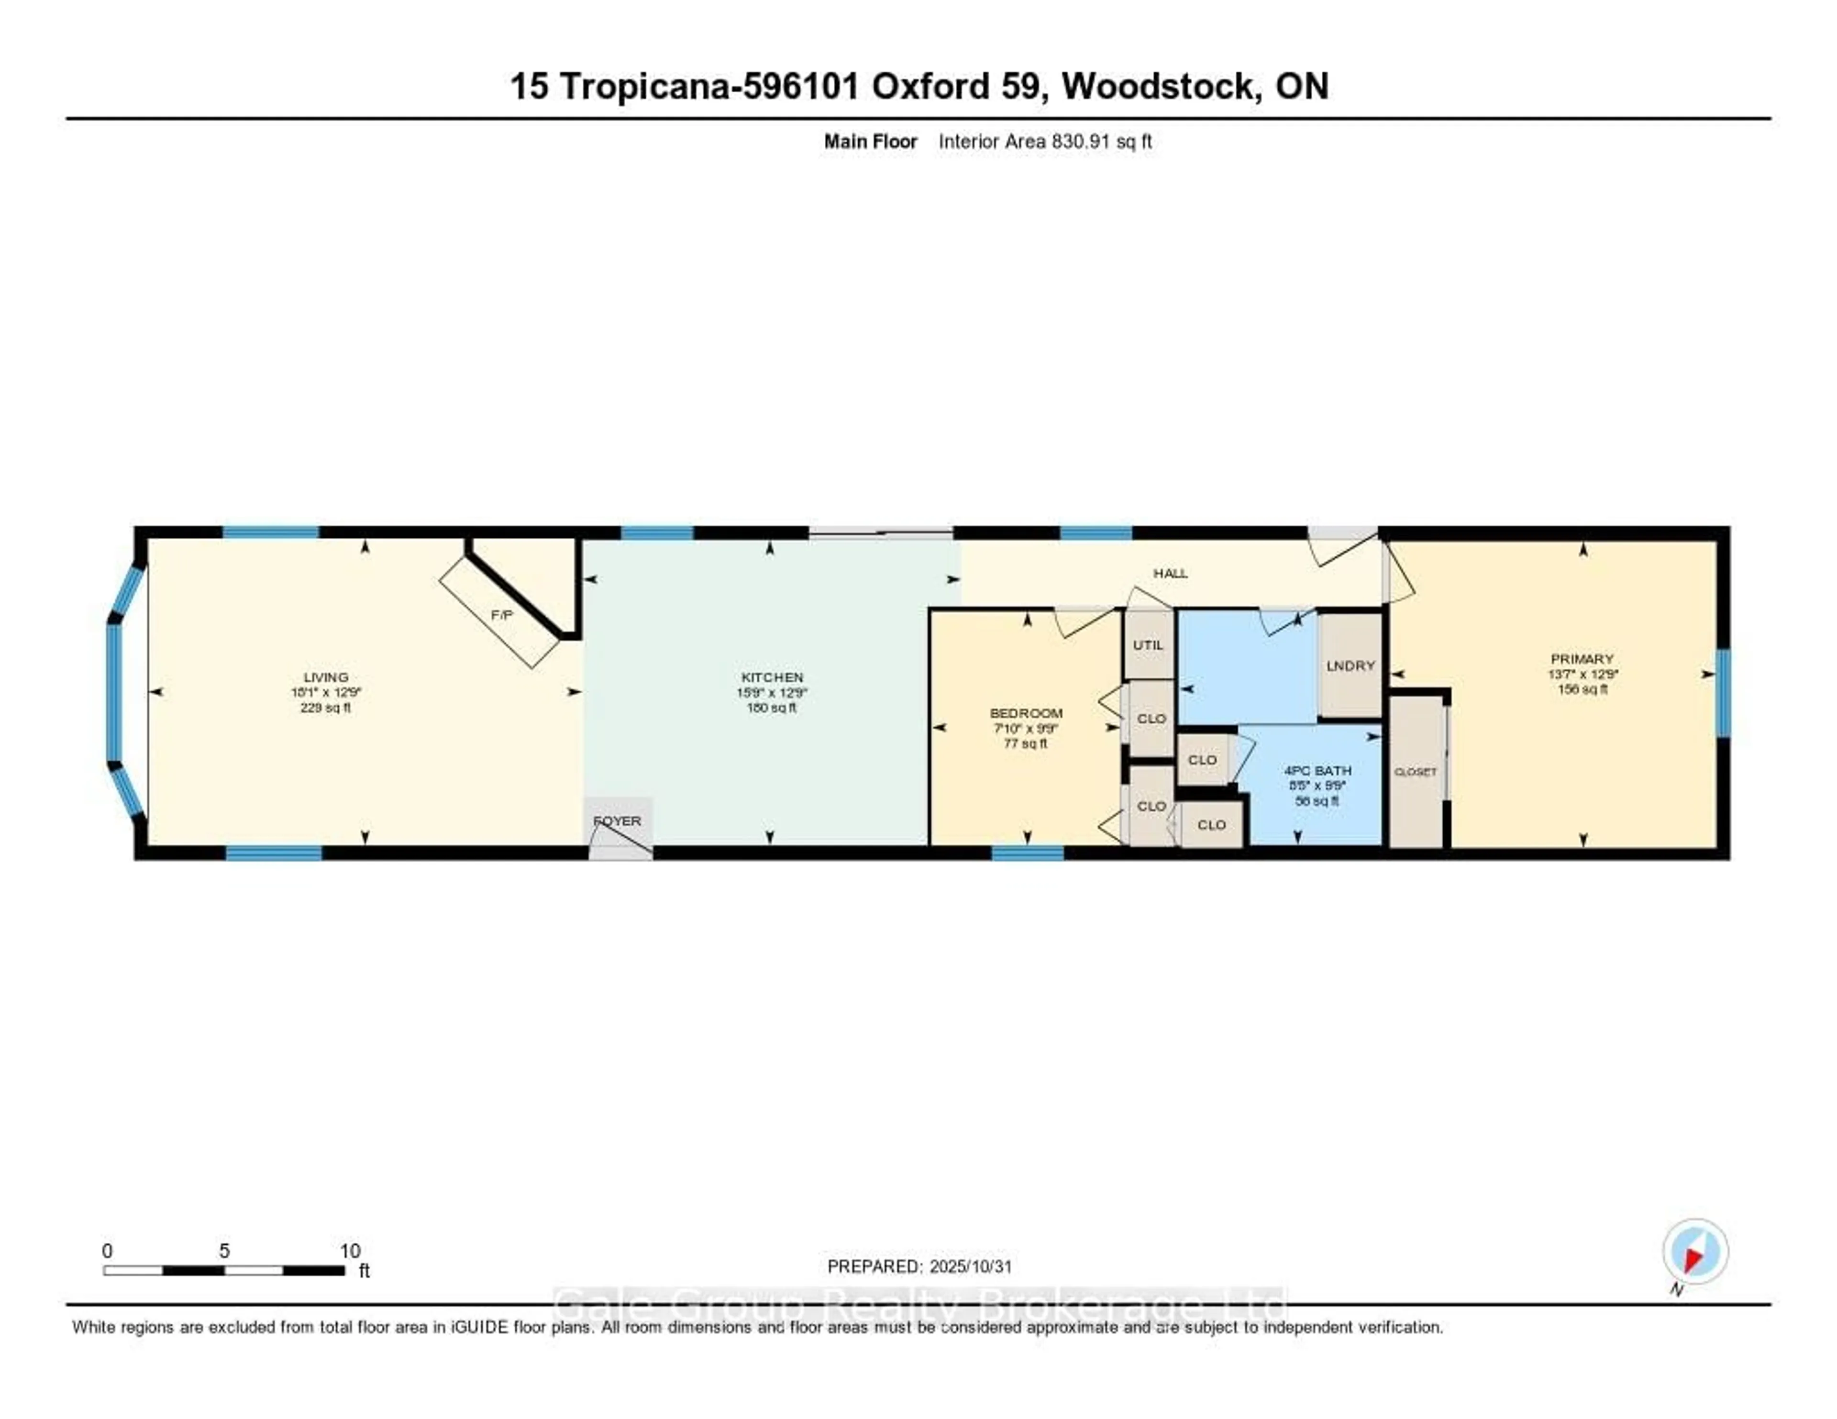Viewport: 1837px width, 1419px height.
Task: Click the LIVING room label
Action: click(x=325, y=677)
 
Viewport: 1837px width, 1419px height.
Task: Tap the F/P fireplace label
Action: click(x=501, y=615)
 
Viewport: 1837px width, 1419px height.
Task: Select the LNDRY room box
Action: click(x=1350, y=665)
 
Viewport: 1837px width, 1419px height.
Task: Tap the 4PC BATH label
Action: click(x=1317, y=770)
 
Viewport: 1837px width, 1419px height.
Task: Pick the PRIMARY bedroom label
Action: click(x=1582, y=659)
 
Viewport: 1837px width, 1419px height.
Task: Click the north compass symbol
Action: click(x=1695, y=1252)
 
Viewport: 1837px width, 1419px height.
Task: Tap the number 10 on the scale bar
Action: click(x=350, y=1251)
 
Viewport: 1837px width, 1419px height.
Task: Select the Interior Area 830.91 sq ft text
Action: click(x=1045, y=141)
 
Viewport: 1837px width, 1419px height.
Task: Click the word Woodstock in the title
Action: click(x=1161, y=87)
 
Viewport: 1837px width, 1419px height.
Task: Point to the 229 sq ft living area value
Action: click(x=325, y=708)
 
